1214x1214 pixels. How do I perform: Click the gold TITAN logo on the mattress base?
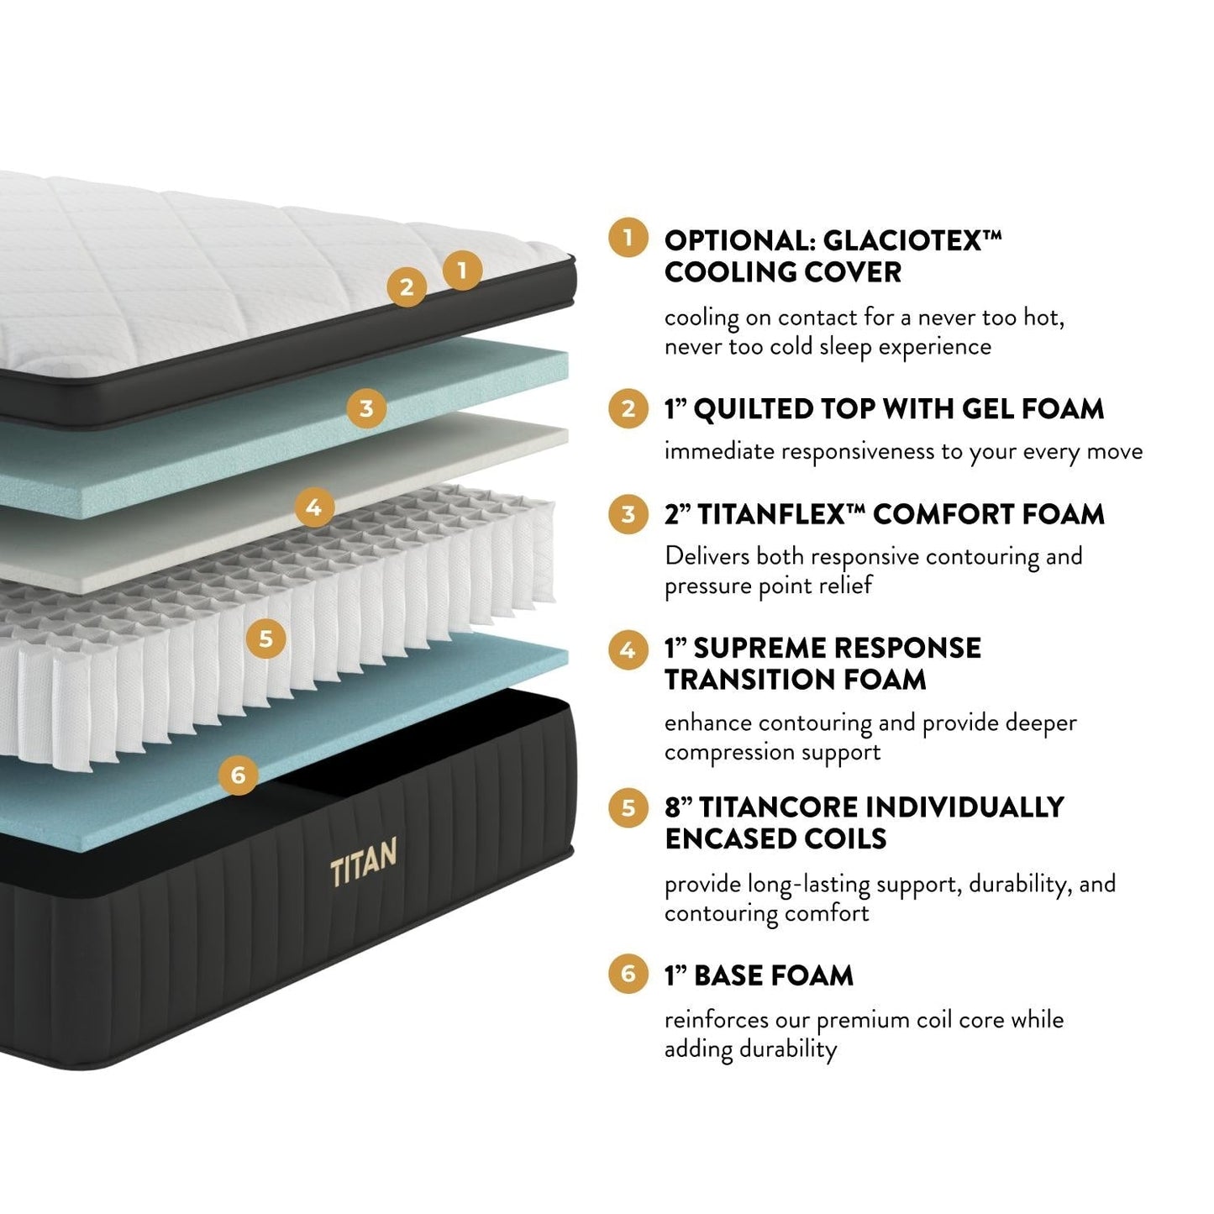363,862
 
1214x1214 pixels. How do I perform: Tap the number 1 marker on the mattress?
461,270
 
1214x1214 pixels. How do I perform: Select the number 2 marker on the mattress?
407,286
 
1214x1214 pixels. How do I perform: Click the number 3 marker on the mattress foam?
366,409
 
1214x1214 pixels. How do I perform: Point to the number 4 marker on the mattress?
314,507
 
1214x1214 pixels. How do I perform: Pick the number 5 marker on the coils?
265,639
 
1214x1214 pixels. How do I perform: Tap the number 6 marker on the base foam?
238,774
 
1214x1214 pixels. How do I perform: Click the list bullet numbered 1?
628,238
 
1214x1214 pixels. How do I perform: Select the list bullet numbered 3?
628,513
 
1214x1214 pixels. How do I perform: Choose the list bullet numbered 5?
628,807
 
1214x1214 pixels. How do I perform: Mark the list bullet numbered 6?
628,974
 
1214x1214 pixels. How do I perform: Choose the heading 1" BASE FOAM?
759,975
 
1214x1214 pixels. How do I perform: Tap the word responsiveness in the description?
858,452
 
